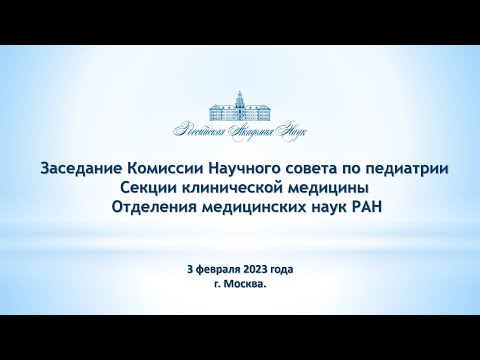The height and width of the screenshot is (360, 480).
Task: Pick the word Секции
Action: click(x=146, y=188)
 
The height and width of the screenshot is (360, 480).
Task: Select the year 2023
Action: click(x=264, y=270)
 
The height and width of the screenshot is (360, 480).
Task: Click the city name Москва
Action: click(x=246, y=284)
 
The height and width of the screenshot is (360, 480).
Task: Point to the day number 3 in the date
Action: click(x=190, y=270)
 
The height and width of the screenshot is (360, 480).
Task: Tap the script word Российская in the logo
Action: click(x=203, y=131)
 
